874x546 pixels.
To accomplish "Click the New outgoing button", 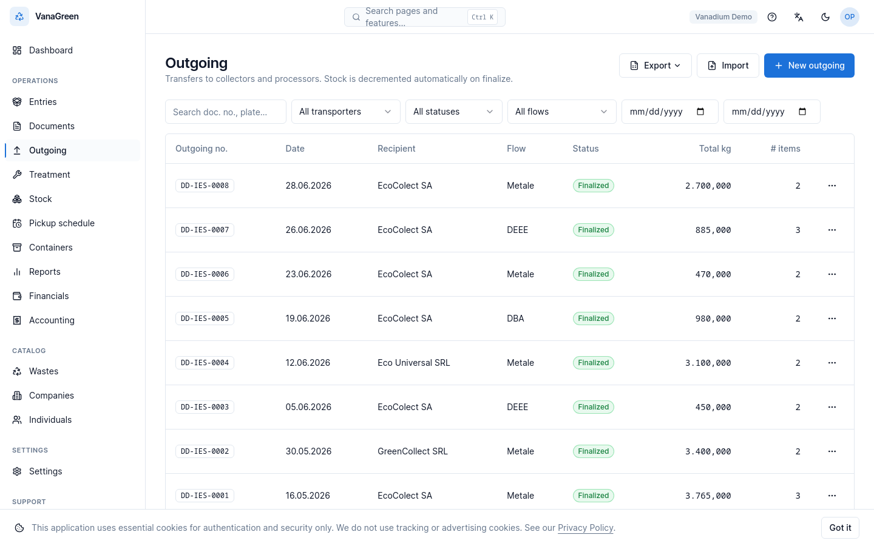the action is (x=809, y=66).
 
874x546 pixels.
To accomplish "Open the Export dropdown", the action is (x=655, y=66).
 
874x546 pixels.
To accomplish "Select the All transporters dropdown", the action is (x=346, y=112).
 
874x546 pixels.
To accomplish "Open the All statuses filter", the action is (x=453, y=112).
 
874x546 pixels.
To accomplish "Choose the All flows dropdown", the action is (x=561, y=112).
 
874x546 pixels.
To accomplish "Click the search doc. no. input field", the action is (x=226, y=112).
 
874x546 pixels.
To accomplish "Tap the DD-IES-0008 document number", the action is (x=205, y=186).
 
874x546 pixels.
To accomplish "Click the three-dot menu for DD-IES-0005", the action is (x=832, y=318).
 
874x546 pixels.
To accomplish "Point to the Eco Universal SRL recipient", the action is (x=413, y=363).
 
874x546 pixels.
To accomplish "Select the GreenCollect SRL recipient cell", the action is (x=413, y=451).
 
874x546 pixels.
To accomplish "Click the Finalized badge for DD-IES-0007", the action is (x=593, y=230).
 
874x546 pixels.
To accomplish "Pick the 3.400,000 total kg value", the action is (x=708, y=451).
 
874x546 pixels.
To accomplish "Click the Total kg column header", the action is (x=715, y=149).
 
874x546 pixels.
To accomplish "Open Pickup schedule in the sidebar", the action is (x=62, y=223).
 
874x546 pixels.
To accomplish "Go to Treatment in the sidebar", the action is (x=50, y=174).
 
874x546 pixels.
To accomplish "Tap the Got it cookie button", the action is (x=840, y=528).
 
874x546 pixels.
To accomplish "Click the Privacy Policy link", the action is (x=585, y=528).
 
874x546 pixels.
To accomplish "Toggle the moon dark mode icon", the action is (x=825, y=17).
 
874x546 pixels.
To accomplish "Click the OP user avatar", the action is (x=850, y=17).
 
